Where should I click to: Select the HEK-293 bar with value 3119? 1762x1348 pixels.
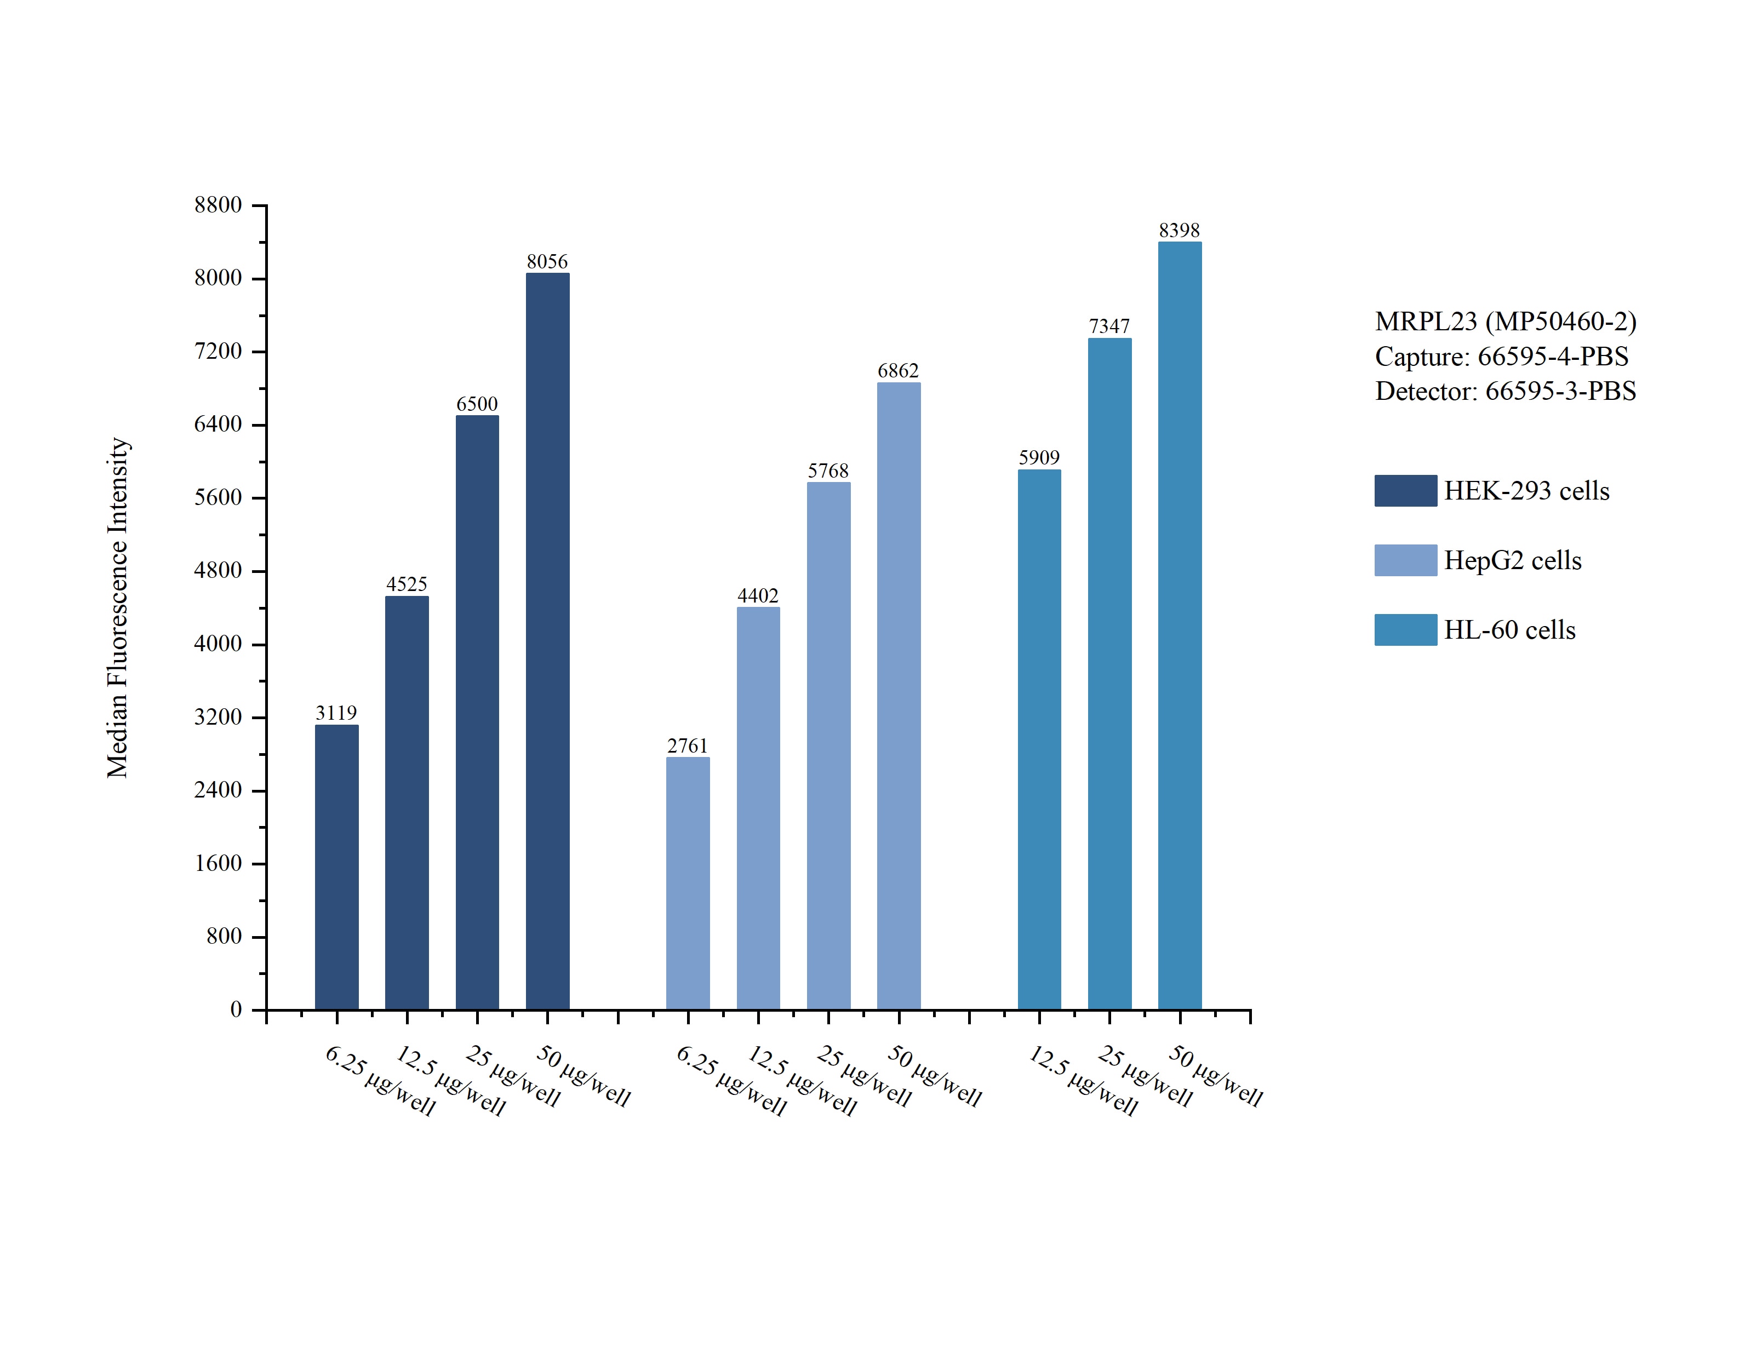pos(336,867)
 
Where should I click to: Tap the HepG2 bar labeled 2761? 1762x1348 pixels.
pos(688,882)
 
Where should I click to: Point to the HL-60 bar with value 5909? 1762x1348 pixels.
pos(1039,739)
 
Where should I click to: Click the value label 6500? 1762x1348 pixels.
pos(477,404)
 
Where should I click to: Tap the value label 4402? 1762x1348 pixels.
pos(758,596)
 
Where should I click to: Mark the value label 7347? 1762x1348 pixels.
pos(1109,326)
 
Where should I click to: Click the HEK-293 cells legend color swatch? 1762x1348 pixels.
pos(1405,491)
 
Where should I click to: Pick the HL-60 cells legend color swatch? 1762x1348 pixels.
pos(1405,630)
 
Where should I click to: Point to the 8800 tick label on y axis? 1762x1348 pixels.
pos(218,205)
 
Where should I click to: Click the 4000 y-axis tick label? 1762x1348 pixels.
pos(218,644)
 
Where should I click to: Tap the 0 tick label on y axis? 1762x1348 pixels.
pos(236,1010)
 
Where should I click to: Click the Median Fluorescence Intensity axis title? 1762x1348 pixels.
pos(118,607)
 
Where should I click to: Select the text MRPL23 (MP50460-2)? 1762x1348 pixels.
pos(1505,322)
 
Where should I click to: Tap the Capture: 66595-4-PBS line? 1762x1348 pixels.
pos(1501,356)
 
